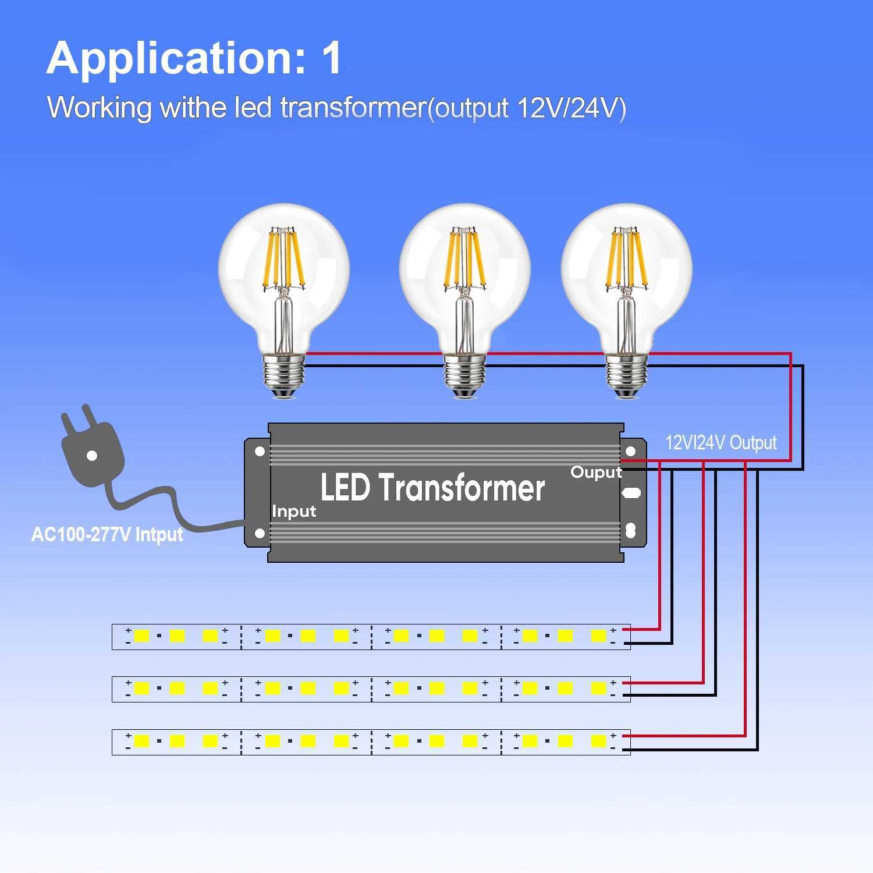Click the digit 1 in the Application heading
pos(332,58)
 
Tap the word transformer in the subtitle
pos(353,108)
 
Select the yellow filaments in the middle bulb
pos(464,259)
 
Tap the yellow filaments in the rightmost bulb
pos(626,259)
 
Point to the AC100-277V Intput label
pos(107,534)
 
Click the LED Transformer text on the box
pos(432,488)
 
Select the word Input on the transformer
pos(294,512)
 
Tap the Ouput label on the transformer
pos(596,472)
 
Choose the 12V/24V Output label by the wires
pos(721,443)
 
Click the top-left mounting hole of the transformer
pos(260,451)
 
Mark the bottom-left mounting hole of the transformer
pos(260,533)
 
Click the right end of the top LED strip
pos(623,636)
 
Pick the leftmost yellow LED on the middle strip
pos(141,689)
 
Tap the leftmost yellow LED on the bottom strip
pos(141,741)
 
